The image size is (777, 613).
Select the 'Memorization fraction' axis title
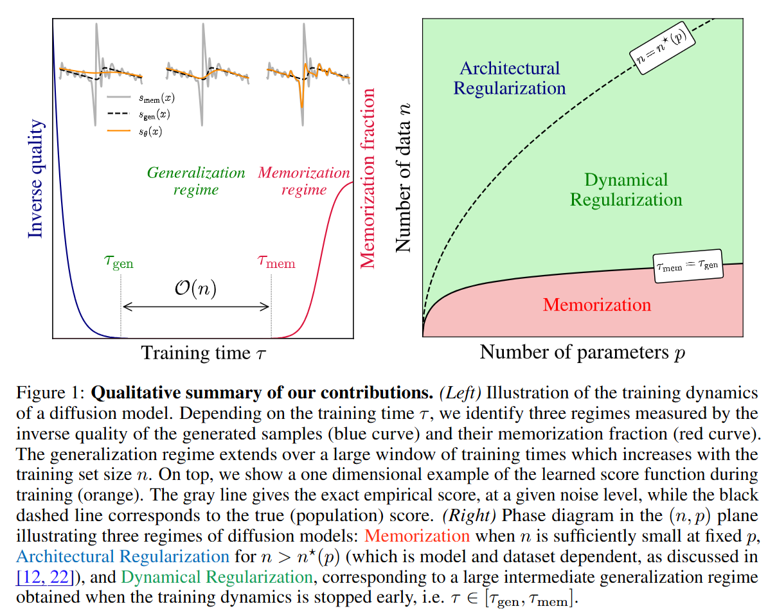[368, 178]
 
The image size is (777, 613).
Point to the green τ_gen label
[118, 262]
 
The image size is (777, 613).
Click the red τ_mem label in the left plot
[276, 262]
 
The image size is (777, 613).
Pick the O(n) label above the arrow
[195, 289]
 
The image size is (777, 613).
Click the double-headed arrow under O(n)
[195, 306]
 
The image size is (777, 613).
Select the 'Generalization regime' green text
[196, 181]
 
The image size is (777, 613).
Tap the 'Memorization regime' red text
[303, 181]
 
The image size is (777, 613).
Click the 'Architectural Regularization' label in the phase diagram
[510, 78]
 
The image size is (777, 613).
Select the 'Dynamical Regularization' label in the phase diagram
[625, 190]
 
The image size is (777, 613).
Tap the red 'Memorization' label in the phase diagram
[596, 304]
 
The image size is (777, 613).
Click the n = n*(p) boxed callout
[666, 48]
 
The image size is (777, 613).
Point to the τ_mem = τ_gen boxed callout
[686, 263]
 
